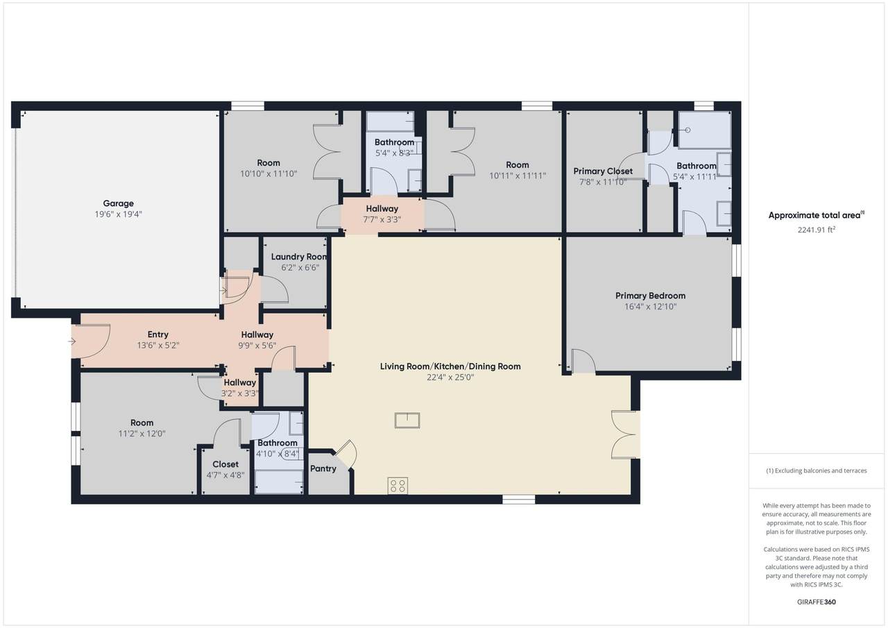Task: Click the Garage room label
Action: [118, 203]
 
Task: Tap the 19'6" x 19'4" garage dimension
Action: [118, 214]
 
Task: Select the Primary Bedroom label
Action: [650, 296]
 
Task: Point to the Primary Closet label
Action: [603, 171]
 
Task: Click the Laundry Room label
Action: [299, 257]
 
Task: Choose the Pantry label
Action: [323, 468]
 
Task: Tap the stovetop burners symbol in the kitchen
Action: [398, 486]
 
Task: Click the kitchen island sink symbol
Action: [407, 421]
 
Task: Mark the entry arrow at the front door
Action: [71, 341]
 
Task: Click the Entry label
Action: [157, 334]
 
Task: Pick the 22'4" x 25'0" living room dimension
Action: [450, 377]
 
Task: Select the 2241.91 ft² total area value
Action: [817, 230]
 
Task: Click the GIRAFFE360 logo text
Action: [817, 602]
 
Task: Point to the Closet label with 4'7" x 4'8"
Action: [225, 464]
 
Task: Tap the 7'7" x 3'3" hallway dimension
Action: [382, 220]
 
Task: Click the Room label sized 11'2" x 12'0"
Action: [142, 423]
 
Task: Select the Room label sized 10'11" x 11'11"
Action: [518, 165]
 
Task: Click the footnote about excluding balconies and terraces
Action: [817, 470]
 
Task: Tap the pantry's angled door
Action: [345, 455]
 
